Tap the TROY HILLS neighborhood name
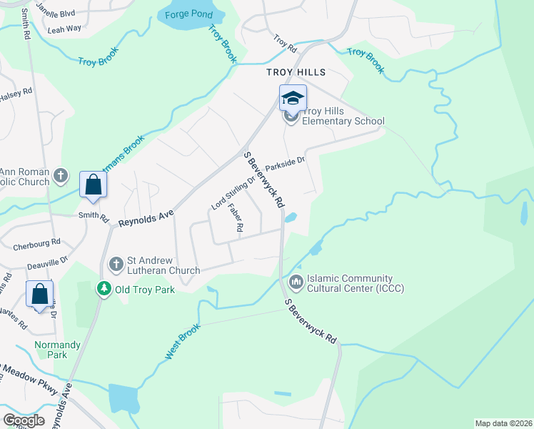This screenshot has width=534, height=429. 296,72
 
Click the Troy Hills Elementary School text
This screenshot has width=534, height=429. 344,116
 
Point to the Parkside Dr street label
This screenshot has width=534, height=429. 286,164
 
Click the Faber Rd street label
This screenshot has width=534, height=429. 236,217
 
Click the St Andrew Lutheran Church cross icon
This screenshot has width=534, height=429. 116,265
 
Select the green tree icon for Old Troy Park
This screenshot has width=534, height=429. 104,288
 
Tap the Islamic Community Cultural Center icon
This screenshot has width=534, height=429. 296,283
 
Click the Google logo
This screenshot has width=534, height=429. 24,420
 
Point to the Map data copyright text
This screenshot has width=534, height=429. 503,423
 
